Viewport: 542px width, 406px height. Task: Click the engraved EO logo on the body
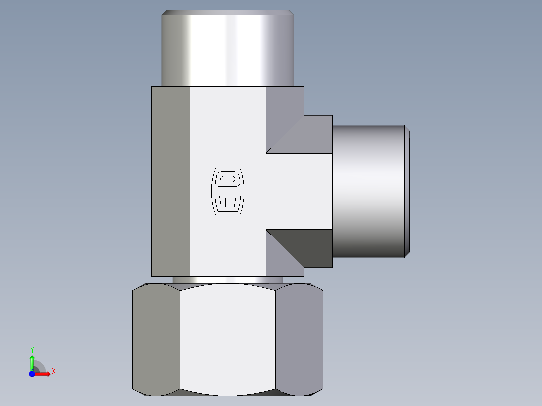[228, 191]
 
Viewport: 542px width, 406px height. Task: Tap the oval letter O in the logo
[228, 178]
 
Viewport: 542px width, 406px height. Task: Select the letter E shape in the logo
[228, 202]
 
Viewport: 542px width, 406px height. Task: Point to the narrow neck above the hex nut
[227, 280]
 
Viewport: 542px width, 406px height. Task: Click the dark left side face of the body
[170, 181]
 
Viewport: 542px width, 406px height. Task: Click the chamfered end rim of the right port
[407, 191]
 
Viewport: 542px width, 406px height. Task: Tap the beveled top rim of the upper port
[227, 12]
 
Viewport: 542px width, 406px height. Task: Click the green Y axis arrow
[32, 361]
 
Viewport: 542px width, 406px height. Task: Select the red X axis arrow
[43, 374]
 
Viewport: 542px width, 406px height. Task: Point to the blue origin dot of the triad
[31, 374]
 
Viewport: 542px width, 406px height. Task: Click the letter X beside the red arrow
[53, 372]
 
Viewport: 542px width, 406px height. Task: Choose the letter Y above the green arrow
[32, 349]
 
